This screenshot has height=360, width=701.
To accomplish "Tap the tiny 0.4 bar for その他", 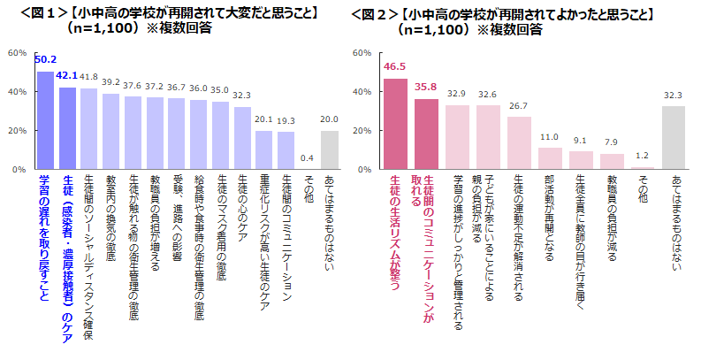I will pos(307,168).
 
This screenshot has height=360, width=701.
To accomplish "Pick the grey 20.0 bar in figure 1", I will pos(329,149).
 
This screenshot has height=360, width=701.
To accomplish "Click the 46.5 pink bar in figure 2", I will pos(395,124).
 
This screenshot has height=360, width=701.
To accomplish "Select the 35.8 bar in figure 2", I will pos(427,134).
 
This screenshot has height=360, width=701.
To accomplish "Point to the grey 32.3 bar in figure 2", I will pos(674,138).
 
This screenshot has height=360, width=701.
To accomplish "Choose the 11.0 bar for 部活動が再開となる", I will pos(550,158).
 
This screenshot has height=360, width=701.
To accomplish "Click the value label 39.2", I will pos(110,82).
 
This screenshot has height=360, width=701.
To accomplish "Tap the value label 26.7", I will pos(519,106).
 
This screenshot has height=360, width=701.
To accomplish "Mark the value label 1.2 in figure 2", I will pos(643,156).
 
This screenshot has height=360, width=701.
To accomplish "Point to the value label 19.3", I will pos(286,120).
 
